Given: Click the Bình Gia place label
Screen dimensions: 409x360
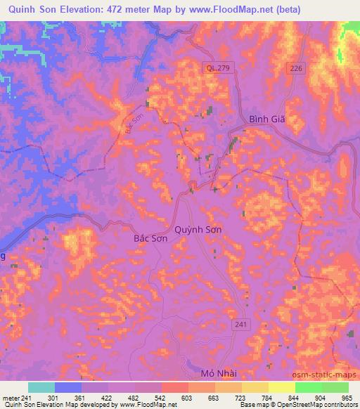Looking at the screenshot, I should tap(267, 119).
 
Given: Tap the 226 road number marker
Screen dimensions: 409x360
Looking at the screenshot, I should tap(296, 67).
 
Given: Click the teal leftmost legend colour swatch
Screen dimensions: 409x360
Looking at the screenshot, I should tap(41, 387).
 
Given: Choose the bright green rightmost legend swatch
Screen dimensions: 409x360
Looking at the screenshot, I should tap(335, 387).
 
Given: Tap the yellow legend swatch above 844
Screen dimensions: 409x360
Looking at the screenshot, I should tap(282, 387).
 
